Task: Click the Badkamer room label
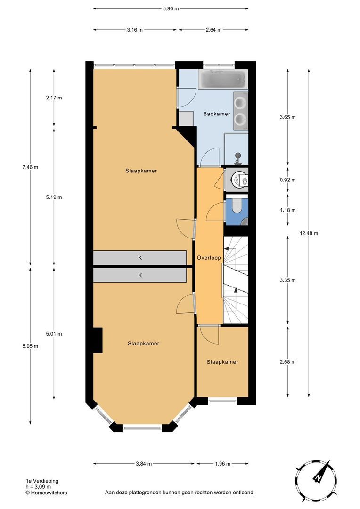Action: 216,114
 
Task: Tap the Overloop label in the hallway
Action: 209,258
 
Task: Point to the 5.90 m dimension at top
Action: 171,8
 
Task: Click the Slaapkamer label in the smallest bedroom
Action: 222,362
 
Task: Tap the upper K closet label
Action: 140,258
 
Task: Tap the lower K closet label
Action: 140,275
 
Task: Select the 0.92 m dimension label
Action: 287,180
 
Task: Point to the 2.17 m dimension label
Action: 54,98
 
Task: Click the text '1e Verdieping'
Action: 42,481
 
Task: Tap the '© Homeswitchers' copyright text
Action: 46,493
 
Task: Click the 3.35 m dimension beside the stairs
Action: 287,280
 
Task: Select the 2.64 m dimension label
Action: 213,29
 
